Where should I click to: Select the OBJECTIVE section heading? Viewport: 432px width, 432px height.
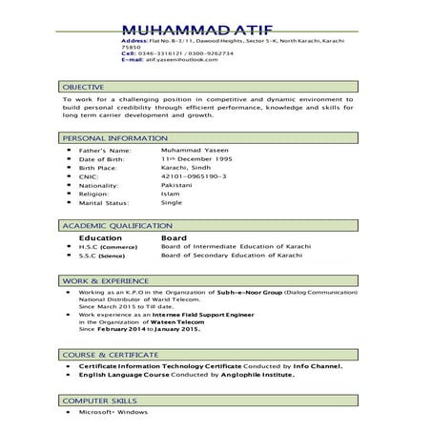(x=85, y=86)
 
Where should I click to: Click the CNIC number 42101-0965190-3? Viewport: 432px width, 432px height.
(x=194, y=176)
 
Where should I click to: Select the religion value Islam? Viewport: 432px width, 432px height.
(x=171, y=194)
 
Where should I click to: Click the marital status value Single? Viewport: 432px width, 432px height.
(x=172, y=202)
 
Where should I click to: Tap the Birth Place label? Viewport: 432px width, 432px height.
(x=103, y=168)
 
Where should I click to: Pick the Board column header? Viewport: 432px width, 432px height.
(x=174, y=237)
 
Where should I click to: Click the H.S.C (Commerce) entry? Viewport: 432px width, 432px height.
(x=106, y=247)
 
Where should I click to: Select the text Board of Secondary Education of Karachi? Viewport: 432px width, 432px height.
(x=232, y=256)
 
